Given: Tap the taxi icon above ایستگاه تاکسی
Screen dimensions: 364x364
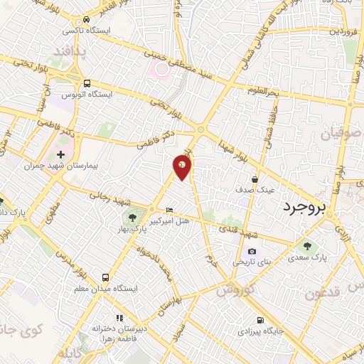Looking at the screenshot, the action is pos(86,20).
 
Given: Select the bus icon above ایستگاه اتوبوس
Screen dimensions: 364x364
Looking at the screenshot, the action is pos(87,82).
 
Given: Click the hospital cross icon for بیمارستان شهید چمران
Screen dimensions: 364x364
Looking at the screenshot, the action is pos(60,154).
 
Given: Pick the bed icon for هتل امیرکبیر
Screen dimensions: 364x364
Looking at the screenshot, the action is pos(168,210).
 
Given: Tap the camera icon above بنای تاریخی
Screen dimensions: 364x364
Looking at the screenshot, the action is pos(252,251).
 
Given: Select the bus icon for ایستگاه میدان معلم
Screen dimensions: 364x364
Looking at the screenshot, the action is pos(106,277).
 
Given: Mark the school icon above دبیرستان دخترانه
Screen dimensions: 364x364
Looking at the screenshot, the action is pos(119,317).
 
